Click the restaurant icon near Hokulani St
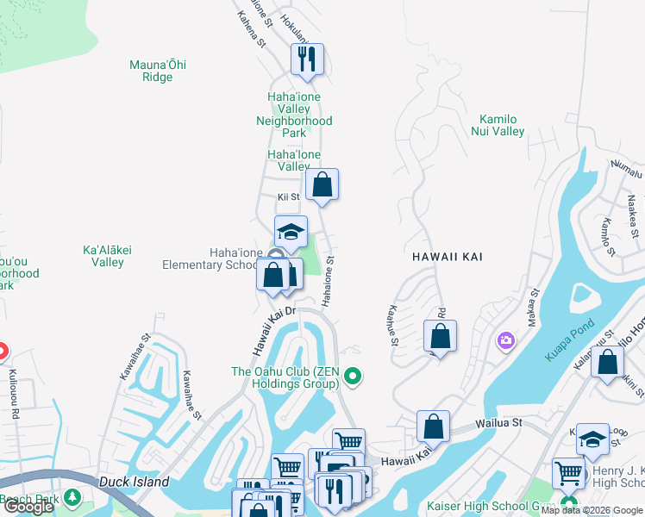tap(306, 60)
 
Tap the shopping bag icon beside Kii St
tap(322, 184)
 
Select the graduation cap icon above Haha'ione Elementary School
tap(291, 232)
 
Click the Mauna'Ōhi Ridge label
tap(157, 71)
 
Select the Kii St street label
tap(287, 197)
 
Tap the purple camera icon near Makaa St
tap(505, 342)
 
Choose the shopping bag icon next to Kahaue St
tap(440, 337)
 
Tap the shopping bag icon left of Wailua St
tap(433, 427)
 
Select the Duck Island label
tap(134, 483)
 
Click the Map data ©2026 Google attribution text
tap(592, 510)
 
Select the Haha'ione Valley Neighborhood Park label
tap(293, 115)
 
